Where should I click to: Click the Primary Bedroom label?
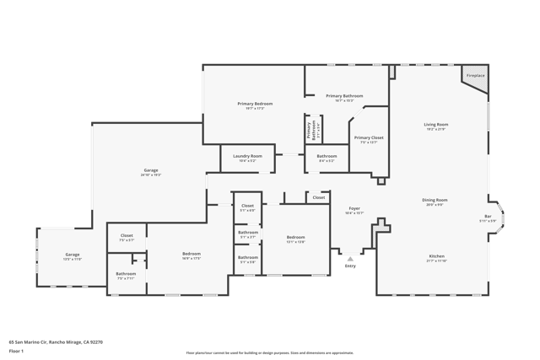[x=255, y=104]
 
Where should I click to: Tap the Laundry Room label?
[x=246, y=156]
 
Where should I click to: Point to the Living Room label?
[x=435, y=125]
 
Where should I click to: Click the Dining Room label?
[x=435, y=200]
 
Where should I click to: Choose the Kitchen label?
[x=436, y=256]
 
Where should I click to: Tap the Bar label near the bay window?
[x=488, y=217]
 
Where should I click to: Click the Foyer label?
[x=354, y=208]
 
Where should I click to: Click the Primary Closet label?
[x=369, y=137]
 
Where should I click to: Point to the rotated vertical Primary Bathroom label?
[x=309, y=129]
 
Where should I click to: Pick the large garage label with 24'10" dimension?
[x=150, y=171]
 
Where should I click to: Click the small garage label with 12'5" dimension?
[x=73, y=255]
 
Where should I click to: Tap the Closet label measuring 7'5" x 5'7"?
[x=127, y=235]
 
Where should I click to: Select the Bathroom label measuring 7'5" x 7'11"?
[x=127, y=273]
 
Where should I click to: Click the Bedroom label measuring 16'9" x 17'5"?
[x=192, y=254]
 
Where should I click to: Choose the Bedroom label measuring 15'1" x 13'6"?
[x=295, y=237]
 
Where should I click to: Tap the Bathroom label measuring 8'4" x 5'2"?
[x=327, y=156]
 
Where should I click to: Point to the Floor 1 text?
[x=16, y=351]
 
